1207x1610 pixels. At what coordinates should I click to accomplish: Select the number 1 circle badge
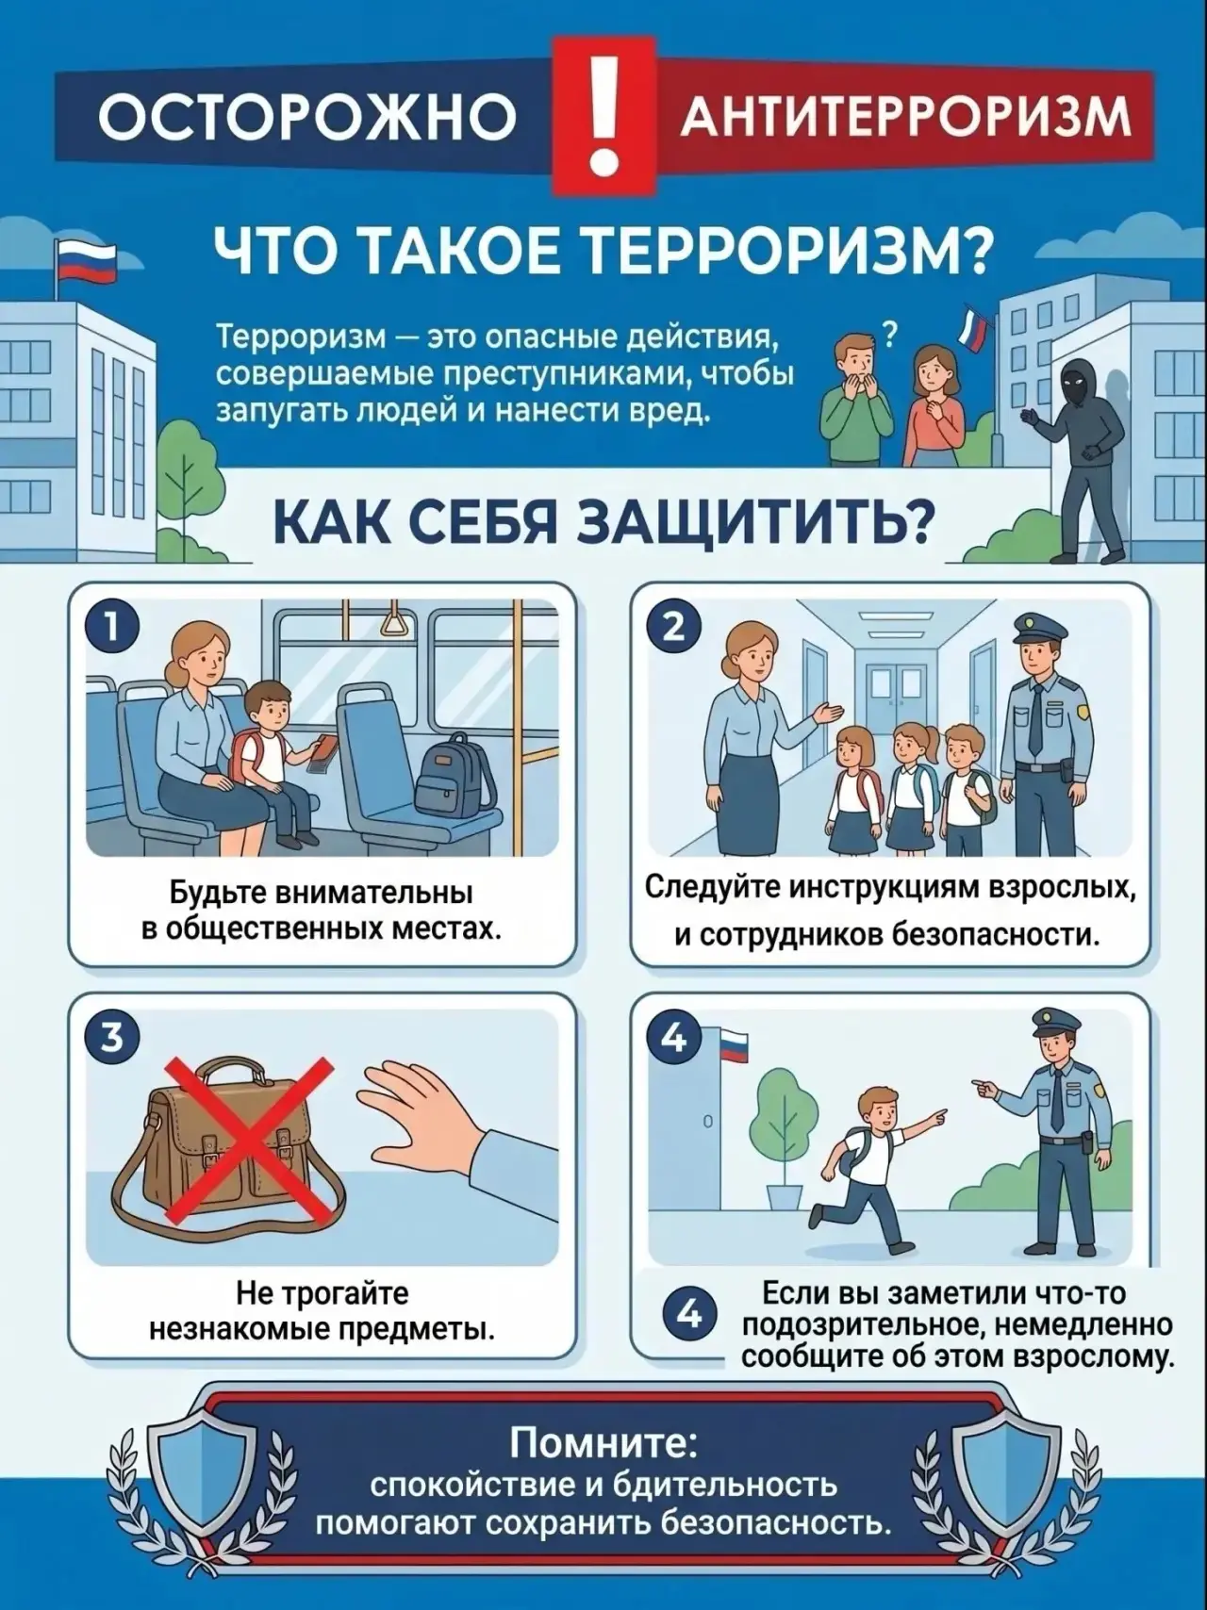(111, 627)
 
